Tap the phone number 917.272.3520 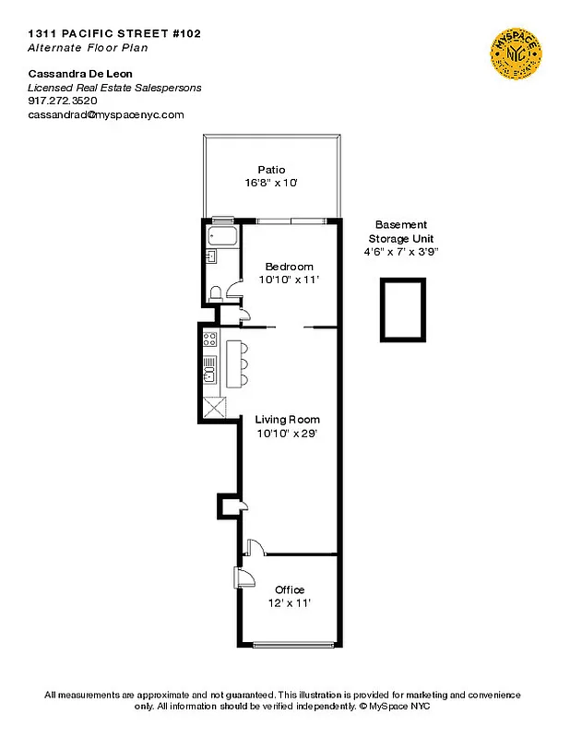pos(61,101)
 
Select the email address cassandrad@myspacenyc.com pos(106,115)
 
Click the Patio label pos(271,170)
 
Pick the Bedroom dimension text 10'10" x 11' pos(290,279)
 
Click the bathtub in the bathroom pos(222,235)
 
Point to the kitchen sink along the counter pos(209,373)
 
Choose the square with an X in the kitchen pos(214,406)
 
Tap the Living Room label pos(288,420)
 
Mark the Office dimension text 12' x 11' pos(290,602)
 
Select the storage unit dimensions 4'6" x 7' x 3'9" pos(401,251)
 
